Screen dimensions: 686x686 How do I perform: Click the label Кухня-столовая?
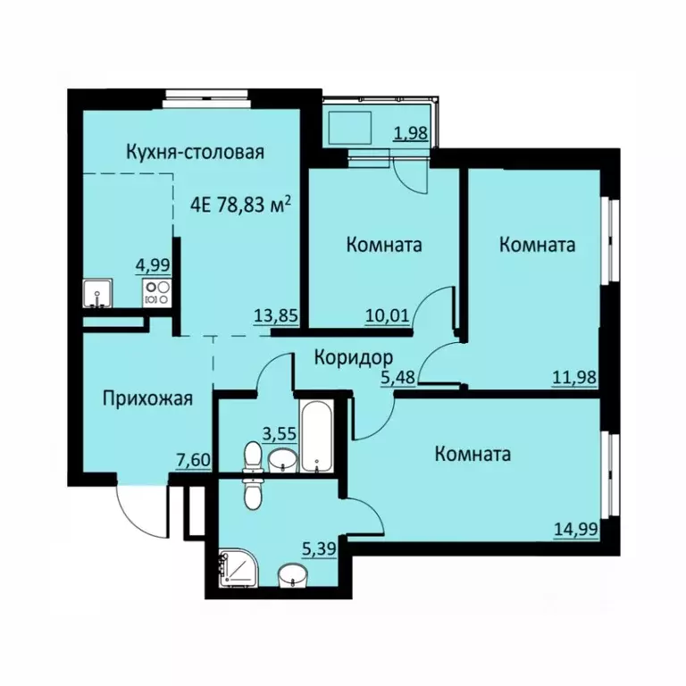pos(196,152)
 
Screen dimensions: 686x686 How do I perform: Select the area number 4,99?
pos(152,265)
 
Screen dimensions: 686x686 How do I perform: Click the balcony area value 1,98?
pos(412,134)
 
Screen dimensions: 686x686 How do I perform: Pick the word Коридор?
pos(353,357)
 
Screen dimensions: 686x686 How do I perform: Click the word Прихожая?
pos(147,398)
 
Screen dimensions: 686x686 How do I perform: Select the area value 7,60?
pos(193,460)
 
